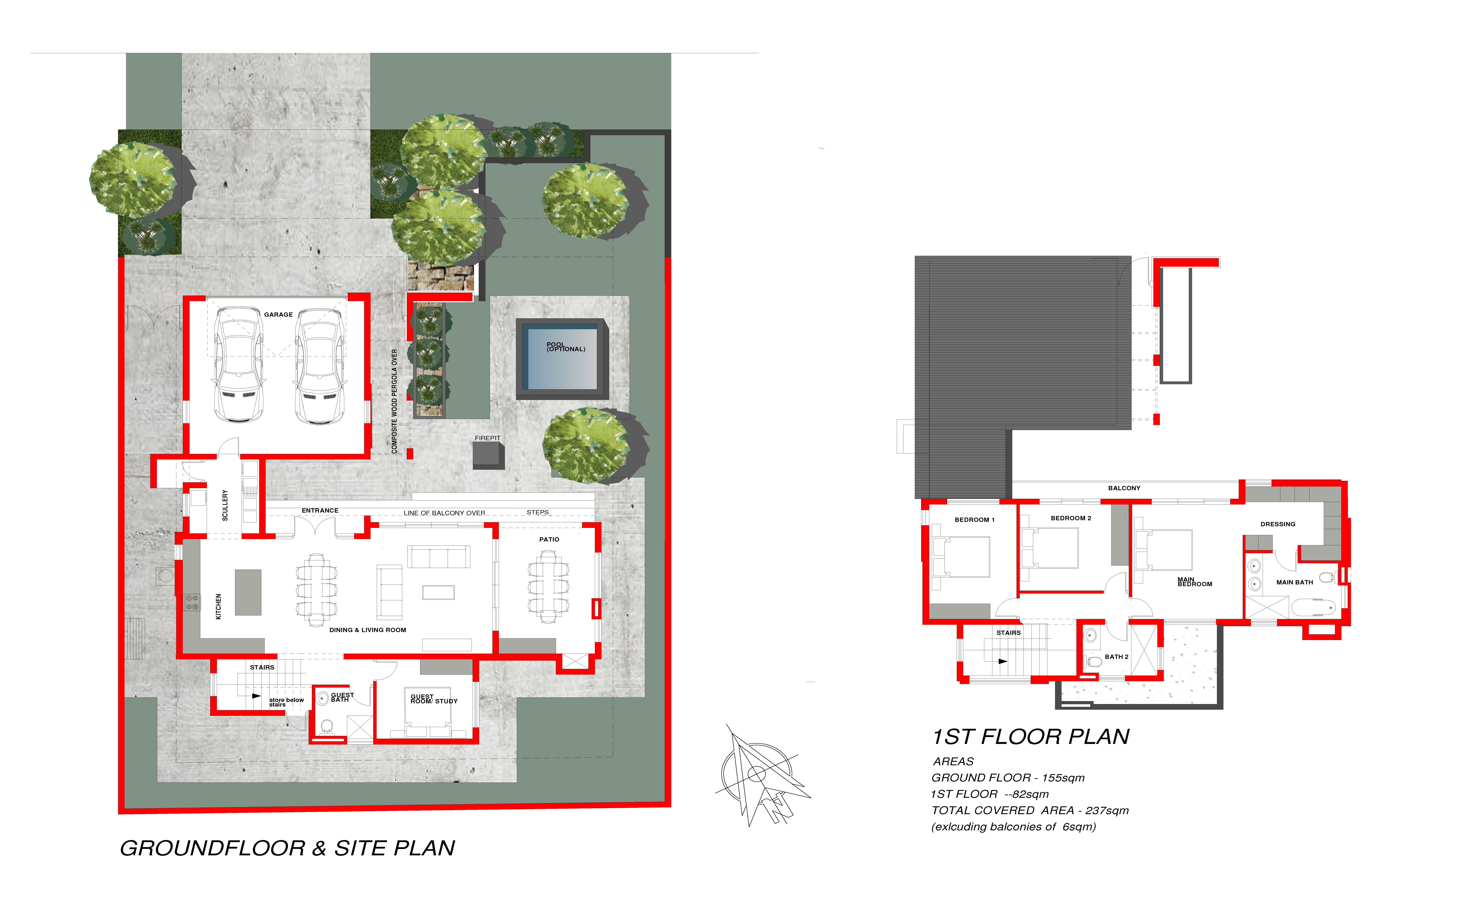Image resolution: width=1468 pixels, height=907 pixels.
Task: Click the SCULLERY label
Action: pos(225,505)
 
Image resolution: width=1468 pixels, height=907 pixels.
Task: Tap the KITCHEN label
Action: pos(218,606)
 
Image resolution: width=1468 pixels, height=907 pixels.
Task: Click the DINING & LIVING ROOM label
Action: pos(368,630)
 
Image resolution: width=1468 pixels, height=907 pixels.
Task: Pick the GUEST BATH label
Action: pos(342,697)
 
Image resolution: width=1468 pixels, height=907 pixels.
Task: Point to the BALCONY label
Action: pos(1124,488)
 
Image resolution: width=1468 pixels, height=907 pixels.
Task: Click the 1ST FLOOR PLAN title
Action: pos(1031,737)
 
